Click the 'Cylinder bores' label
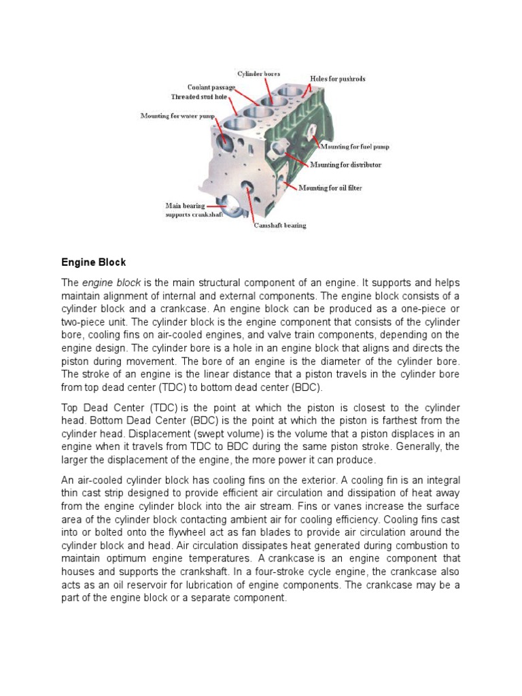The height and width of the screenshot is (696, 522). (258, 73)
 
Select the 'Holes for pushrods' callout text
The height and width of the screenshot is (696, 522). (338, 79)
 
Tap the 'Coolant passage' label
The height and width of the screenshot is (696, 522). (212, 88)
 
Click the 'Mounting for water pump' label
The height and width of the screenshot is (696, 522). (178, 116)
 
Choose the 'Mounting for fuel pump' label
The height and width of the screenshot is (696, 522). (355, 146)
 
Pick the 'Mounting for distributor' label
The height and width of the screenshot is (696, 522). (345, 164)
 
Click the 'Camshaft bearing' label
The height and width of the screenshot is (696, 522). (280, 225)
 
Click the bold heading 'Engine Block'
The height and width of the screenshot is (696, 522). (94, 262)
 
